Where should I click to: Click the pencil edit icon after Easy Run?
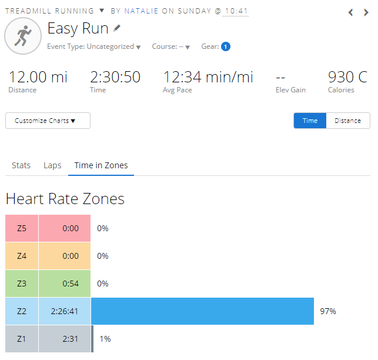117,28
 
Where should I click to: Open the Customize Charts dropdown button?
48,121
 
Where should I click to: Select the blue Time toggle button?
310,121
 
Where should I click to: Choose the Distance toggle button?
347,121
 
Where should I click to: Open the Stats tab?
21,165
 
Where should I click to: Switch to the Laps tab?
52,165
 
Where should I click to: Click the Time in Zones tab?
101,165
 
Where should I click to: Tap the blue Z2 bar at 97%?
202,311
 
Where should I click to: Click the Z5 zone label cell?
22,228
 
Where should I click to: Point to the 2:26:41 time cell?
65,311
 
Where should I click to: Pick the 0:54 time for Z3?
70,284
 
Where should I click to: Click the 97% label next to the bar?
328,311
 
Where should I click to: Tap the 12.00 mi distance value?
38,77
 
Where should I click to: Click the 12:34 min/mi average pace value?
208,77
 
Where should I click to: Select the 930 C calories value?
347,77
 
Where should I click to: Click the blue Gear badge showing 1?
226,46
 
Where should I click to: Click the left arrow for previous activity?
351,12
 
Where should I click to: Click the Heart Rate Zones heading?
65,199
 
